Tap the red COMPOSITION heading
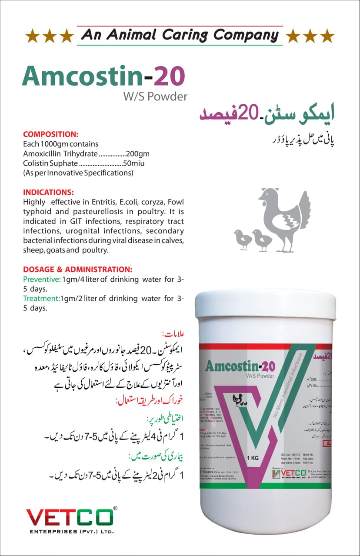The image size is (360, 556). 50,134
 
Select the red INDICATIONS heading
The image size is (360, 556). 49,192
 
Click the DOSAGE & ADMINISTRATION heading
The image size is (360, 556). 78,270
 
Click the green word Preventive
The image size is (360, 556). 42,279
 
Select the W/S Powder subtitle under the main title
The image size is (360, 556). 156,96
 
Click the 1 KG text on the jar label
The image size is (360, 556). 253,458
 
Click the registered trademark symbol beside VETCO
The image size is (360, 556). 115,508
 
